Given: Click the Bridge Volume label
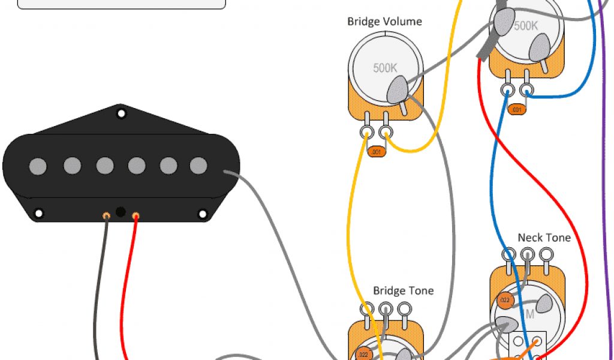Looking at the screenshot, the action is [x=384, y=22].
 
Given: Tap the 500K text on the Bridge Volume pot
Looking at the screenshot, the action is [x=385, y=68].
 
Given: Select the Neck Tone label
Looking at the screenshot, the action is [x=544, y=238].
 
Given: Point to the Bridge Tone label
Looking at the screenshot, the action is [x=403, y=290].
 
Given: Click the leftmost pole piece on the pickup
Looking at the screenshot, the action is [x=38, y=165].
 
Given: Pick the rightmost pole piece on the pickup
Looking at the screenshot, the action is [x=198, y=165].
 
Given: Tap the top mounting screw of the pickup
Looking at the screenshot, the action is [x=121, y=113].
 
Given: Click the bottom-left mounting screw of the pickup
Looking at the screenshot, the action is [x=39, y=213].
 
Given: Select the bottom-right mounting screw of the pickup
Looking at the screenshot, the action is [x=203, y=213].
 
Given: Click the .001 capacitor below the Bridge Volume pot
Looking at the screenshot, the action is [x=377, y=152].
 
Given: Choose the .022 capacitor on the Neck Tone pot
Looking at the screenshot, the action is [x=504, y=301].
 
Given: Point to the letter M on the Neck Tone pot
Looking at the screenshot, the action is [x=529, y=314].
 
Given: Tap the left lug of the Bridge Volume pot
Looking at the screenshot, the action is [x=366, y=132].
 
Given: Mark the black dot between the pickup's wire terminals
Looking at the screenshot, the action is [x=121, y=212].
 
